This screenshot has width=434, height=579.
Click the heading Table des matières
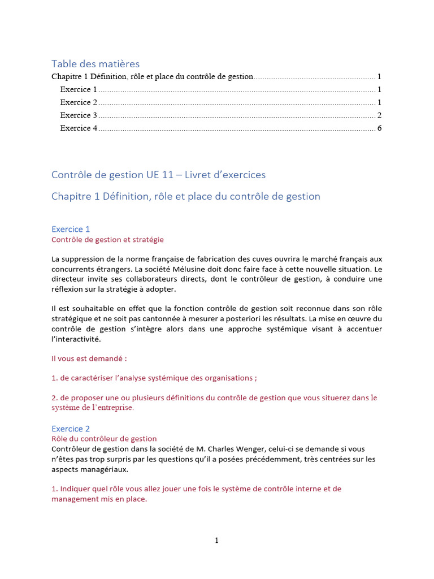pyautogui.click(x=95, y=64)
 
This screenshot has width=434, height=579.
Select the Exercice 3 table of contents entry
pyautogui.click(x=79, y=115)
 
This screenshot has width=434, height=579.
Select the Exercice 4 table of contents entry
pyautogui.click(x=79, y=128)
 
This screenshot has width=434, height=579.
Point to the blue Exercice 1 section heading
pyautogui.click(x=71, y=229)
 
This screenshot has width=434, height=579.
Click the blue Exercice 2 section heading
pyautogui.click(x=71, y=429)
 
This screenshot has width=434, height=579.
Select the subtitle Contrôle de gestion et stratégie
pyautogui.click(x=107, y=240)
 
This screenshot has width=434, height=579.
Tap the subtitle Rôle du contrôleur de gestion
pyautogui.click(x=104, y=439)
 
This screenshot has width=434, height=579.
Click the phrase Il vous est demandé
pyautogui.click(x=89, y=358)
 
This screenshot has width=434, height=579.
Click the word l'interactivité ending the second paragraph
pyautogui.click(x=75, y=339)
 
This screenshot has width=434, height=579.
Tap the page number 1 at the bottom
pyautogui.click(x=216, y=541)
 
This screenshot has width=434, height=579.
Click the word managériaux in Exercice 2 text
pyautogui.click(x=104, y=469)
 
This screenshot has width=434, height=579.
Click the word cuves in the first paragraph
pyautogui.click(x=268, y=259)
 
